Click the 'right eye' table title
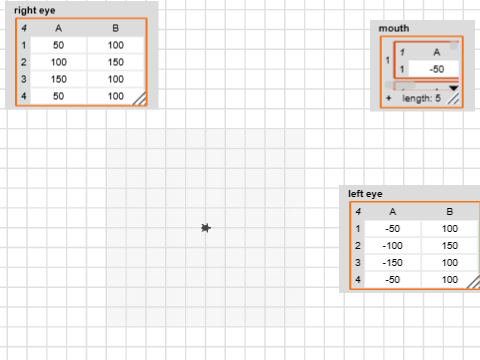click(x=35, y=10)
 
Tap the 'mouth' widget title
click(x=394, y=28)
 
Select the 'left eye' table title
click(x=364, y=193)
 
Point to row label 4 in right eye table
click(x=23, y=96)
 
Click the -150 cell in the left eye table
click(x=392, y=262)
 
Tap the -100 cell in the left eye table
click(x=392, y=245)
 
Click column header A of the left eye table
click(x=392, y=212)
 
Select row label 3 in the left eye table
click(x=357, y=262)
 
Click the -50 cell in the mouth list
click(x=436, y=69)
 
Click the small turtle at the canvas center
click(x=205, y=229)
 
